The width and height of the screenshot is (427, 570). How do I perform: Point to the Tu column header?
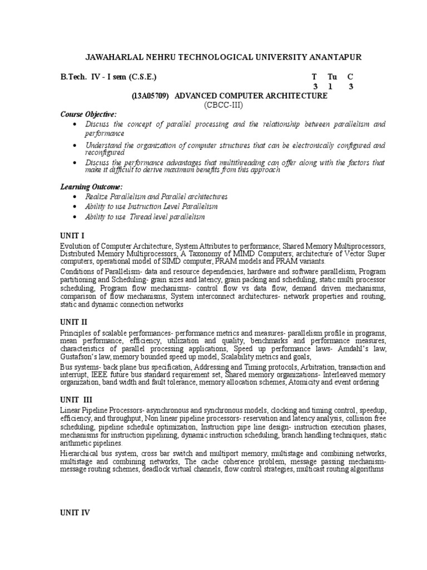(332, 77)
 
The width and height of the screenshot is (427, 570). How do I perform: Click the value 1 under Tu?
(332, 86)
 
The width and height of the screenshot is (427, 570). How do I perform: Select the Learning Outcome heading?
(92, 186)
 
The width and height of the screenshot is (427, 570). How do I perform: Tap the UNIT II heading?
(74, 322)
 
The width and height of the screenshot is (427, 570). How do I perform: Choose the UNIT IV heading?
(75, 513)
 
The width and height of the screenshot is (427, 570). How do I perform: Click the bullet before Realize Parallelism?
(75, 197)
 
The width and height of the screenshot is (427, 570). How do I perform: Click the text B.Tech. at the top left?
(73, 77)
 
